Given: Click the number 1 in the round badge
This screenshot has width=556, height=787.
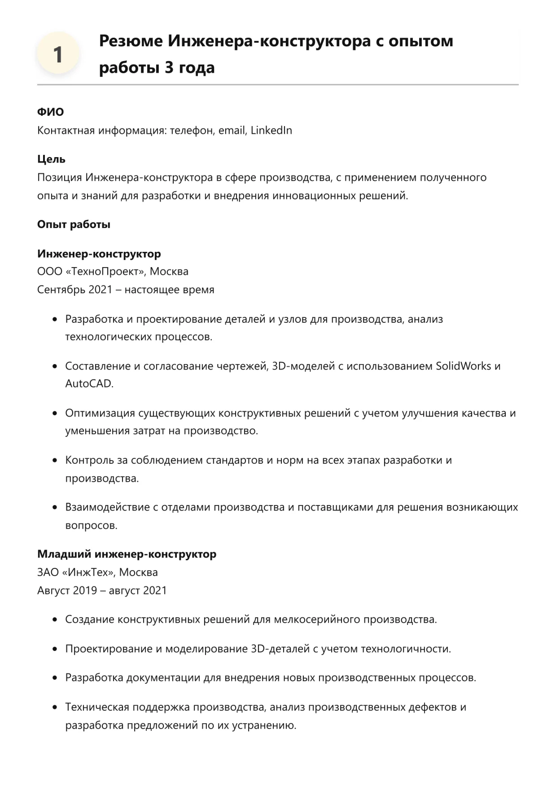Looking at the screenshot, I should tap(58, 55).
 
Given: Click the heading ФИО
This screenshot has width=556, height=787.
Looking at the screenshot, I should tap(50, 112).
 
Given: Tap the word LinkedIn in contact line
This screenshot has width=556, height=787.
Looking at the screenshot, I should tap(271, 130).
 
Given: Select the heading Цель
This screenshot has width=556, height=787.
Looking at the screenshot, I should tap(51, 159).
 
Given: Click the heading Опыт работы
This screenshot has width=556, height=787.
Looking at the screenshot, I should tap(74, 224).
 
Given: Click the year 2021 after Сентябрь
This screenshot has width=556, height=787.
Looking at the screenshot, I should tap(100, 290).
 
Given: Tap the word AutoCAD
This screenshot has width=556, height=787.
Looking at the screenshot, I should tap(89, 384).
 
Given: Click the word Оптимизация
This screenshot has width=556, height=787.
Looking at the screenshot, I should tap(100, 413).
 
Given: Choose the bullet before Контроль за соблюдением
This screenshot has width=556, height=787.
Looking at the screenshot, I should tap(55, 460).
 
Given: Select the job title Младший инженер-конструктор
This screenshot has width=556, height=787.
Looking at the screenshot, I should tap(127, 554).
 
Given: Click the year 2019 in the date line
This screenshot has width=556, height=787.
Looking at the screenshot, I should tap(85, 590).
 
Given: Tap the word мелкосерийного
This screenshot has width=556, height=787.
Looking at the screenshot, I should tap(317, 620).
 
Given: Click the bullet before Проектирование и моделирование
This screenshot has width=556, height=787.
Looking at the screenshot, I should tap(55, 649).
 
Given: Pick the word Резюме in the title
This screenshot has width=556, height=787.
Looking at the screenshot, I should tap(131, 41).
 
